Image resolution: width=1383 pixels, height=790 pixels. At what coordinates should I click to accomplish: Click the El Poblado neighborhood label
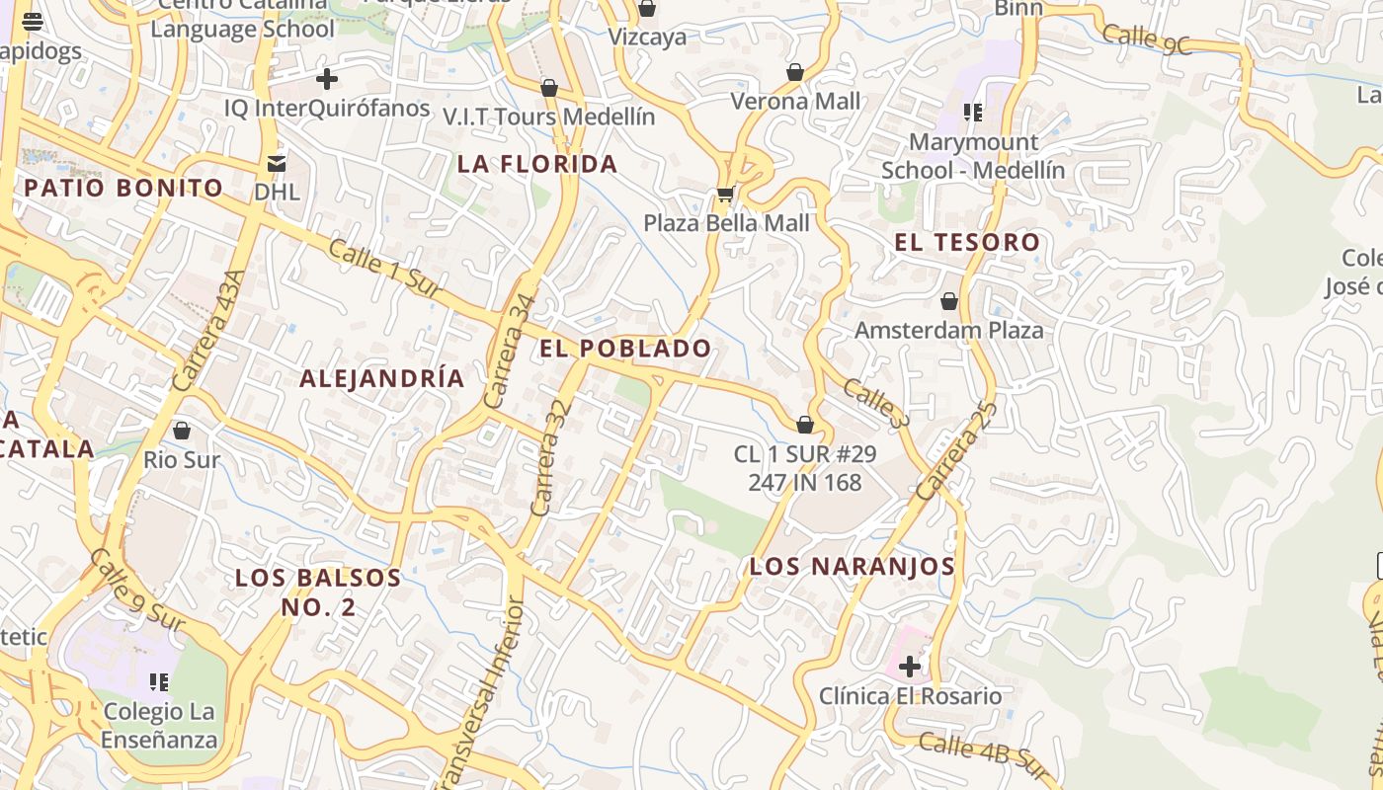click(624, 348)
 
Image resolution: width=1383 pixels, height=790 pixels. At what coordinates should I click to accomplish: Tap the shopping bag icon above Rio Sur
click(182, 431)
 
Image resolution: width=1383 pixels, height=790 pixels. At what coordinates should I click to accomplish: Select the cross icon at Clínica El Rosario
click(910, 668)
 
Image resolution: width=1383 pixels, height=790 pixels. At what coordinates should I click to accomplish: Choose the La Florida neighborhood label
click(537, 164)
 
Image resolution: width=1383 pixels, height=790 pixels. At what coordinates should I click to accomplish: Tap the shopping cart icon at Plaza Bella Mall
click(726, 195)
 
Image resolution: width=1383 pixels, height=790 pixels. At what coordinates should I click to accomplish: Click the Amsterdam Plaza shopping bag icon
click(949, 301)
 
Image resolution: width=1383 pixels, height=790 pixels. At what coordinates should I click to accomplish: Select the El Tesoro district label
click(967, 242)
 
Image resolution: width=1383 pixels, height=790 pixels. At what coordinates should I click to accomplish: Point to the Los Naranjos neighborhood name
click(852, 566)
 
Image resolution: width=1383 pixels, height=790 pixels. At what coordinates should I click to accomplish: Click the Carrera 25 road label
click(956, 449)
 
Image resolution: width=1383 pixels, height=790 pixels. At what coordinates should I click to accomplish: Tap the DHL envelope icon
click(277, 163)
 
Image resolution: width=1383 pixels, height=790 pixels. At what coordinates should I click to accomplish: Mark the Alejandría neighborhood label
click(381, 378)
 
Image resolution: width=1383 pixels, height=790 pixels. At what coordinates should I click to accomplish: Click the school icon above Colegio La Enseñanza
click(158, 682)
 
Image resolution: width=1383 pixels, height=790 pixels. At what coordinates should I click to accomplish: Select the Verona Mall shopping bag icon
click(795, 72)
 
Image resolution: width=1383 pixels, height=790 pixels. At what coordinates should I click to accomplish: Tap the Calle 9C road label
click(1147, 39)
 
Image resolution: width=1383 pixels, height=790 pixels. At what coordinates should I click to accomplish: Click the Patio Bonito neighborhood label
click(124, 188)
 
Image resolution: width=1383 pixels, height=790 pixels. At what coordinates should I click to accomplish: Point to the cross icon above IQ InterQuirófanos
click(327, 79)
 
